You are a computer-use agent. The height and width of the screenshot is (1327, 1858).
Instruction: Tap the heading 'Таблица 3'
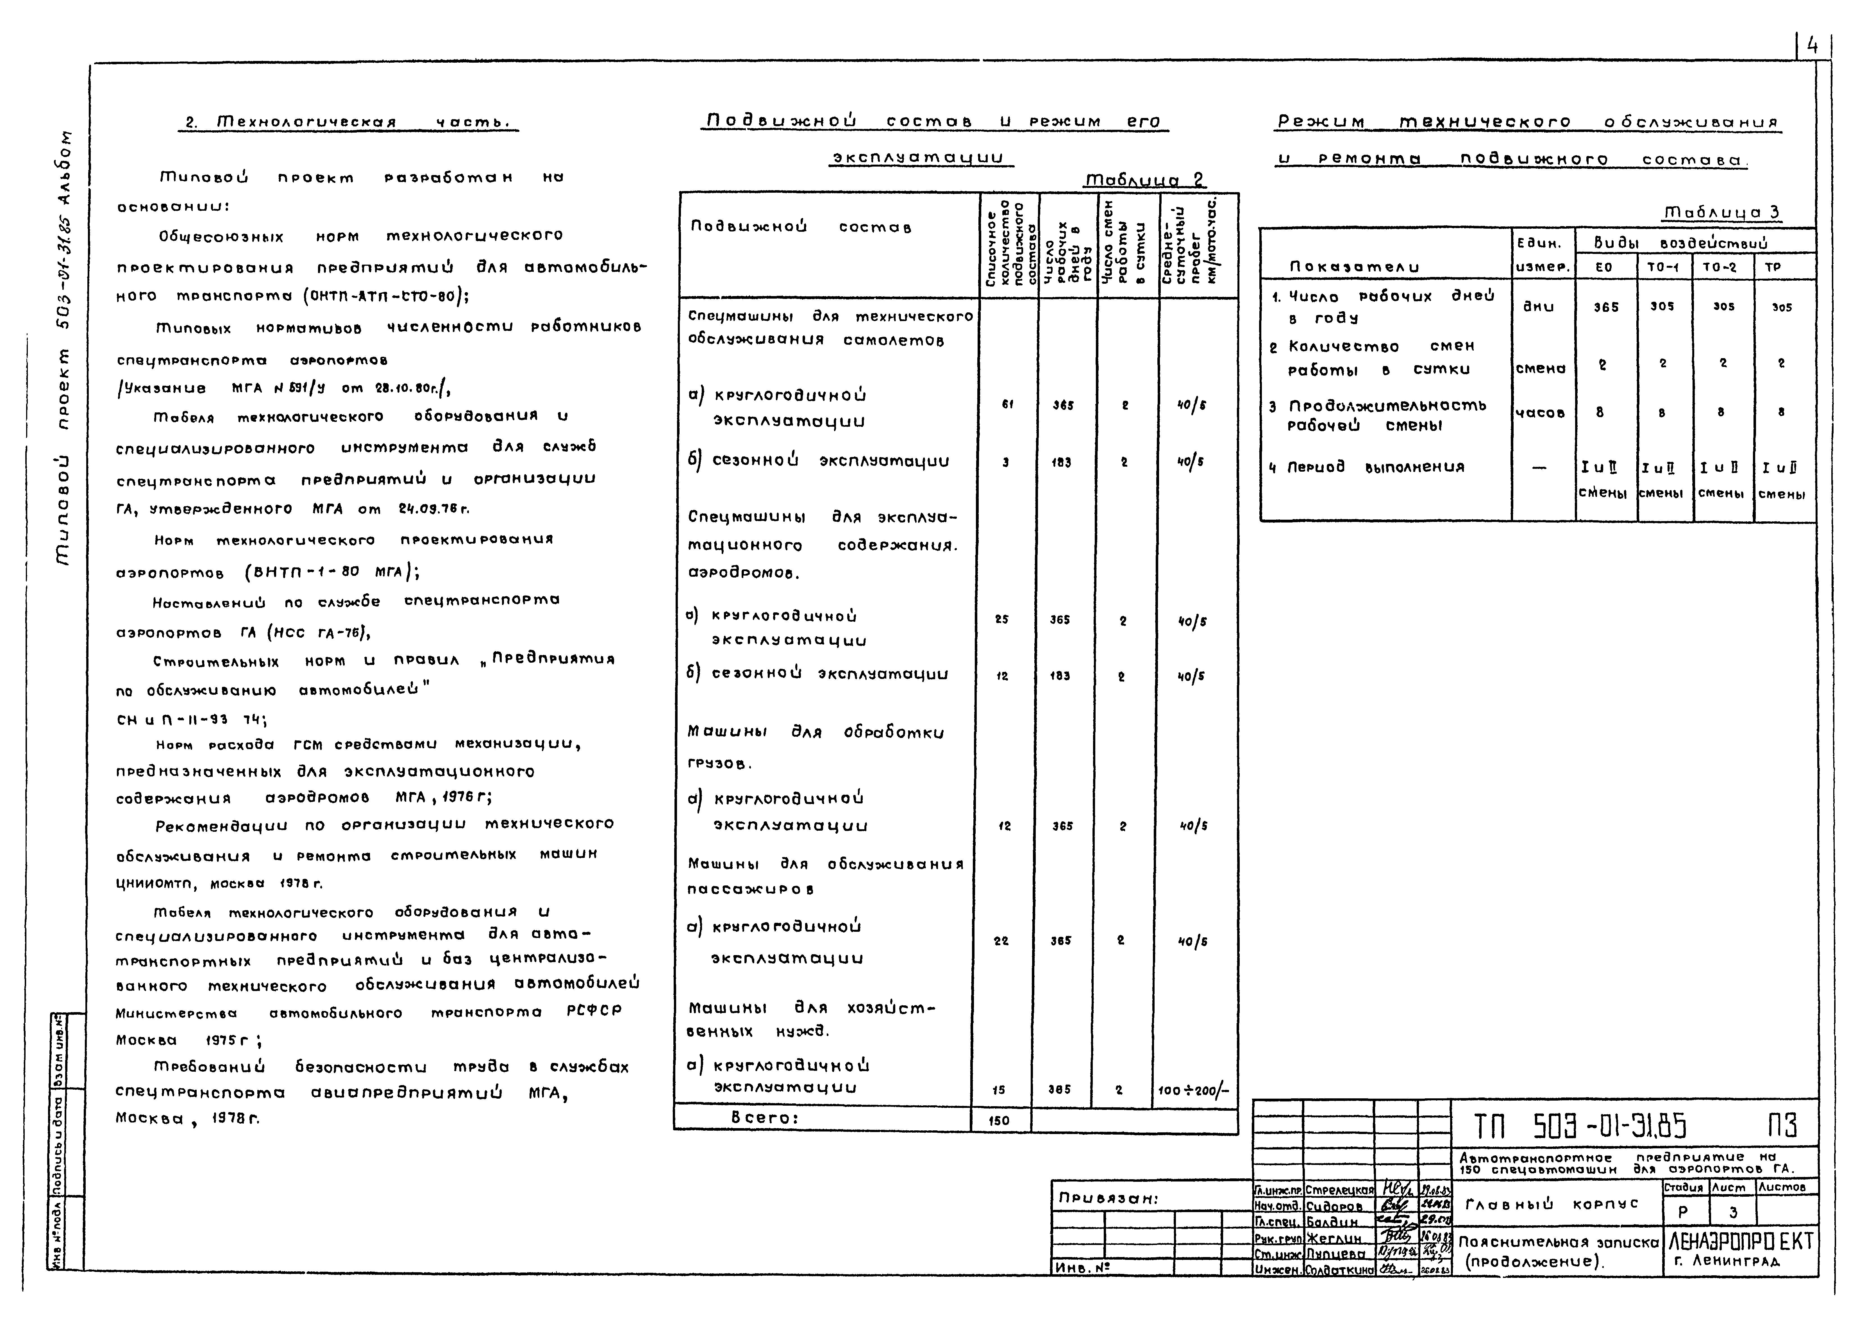tap(1722, 212)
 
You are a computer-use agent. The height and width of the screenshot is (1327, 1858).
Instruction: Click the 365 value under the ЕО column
tap(1605, 307)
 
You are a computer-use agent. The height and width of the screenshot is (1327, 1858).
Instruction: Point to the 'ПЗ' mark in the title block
tap(1782, 1127)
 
